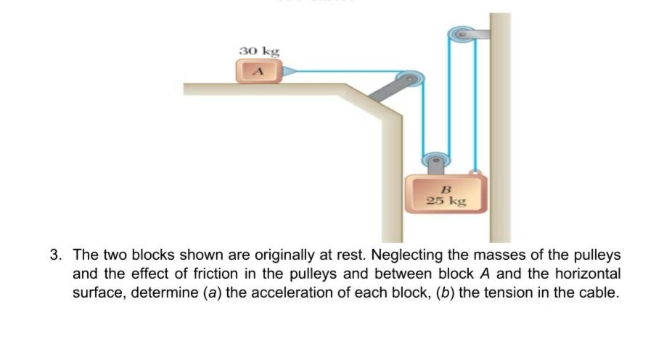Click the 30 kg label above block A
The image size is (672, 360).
pyautogui.click(x=259, y=51)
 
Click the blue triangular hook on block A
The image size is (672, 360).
pyautogui.click(x=287, y=71)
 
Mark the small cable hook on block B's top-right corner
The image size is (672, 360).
pyautogui.click(x=475, y=173)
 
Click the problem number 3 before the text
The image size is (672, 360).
pyautogui.click(x=55, y=255)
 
